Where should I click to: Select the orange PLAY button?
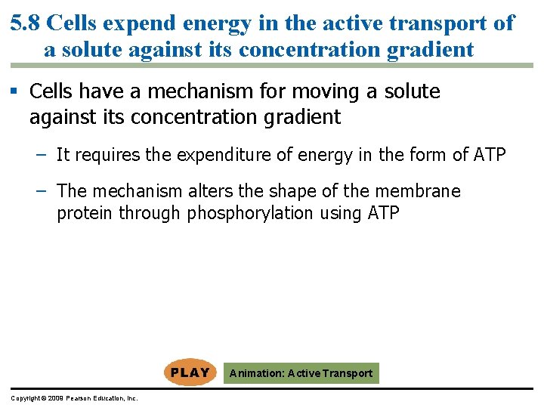click(x=190, y=372)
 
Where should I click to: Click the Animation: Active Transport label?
click(x=301, y=373)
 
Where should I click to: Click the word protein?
click(x=83, y=213)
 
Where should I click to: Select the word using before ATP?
click(x=340, y=213)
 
